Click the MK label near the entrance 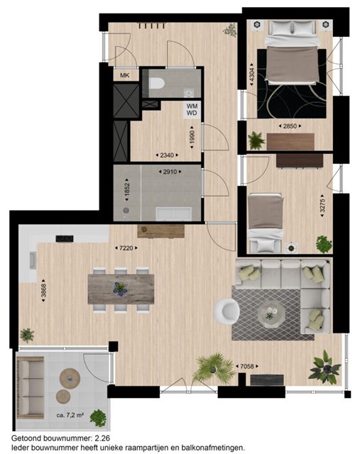pyautogui.click(x=125, y=75)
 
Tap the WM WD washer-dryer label pyautogui.click(x=192, y=109)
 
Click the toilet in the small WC pyautogui.click(x=157, y=84)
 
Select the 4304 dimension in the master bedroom pyautogui.click(x=251, y=74)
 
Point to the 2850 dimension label pyautogui.click(x=290, y=126)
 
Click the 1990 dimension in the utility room pyautogui.click(x=191, y=137)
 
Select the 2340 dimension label pyautogui.click(x=167, y=155)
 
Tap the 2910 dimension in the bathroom pyautogui.click(x=170, y=172)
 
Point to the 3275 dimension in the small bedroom pyautogui.click(x=322, y=205)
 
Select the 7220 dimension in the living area pyautogui.click(x=126, y=248)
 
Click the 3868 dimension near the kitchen pyautogui.click(x=43, y=290)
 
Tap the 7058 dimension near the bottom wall pyautogui.click(x=247, y=366)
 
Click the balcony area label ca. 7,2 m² pyautogui.click(x=70, y=415)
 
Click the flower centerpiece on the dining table pyautogui.click(x=121, y=289)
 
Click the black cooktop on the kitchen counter pyautogui.click(x=65, y=238)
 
